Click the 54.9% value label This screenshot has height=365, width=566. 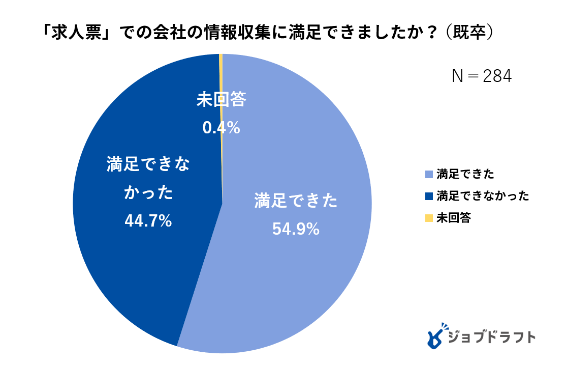[x=296, y=229]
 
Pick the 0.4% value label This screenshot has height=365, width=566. [x=221, y=128]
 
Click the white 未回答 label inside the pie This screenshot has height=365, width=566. [x=221, y=100]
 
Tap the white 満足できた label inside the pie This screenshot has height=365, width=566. [x=296, y=202]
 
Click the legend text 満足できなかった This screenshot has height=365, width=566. [x=483, y=196]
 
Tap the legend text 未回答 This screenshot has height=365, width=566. [x=454, y=218]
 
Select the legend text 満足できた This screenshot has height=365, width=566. [x=465, y=174]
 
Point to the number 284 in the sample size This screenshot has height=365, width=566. [x=497, y=76]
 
